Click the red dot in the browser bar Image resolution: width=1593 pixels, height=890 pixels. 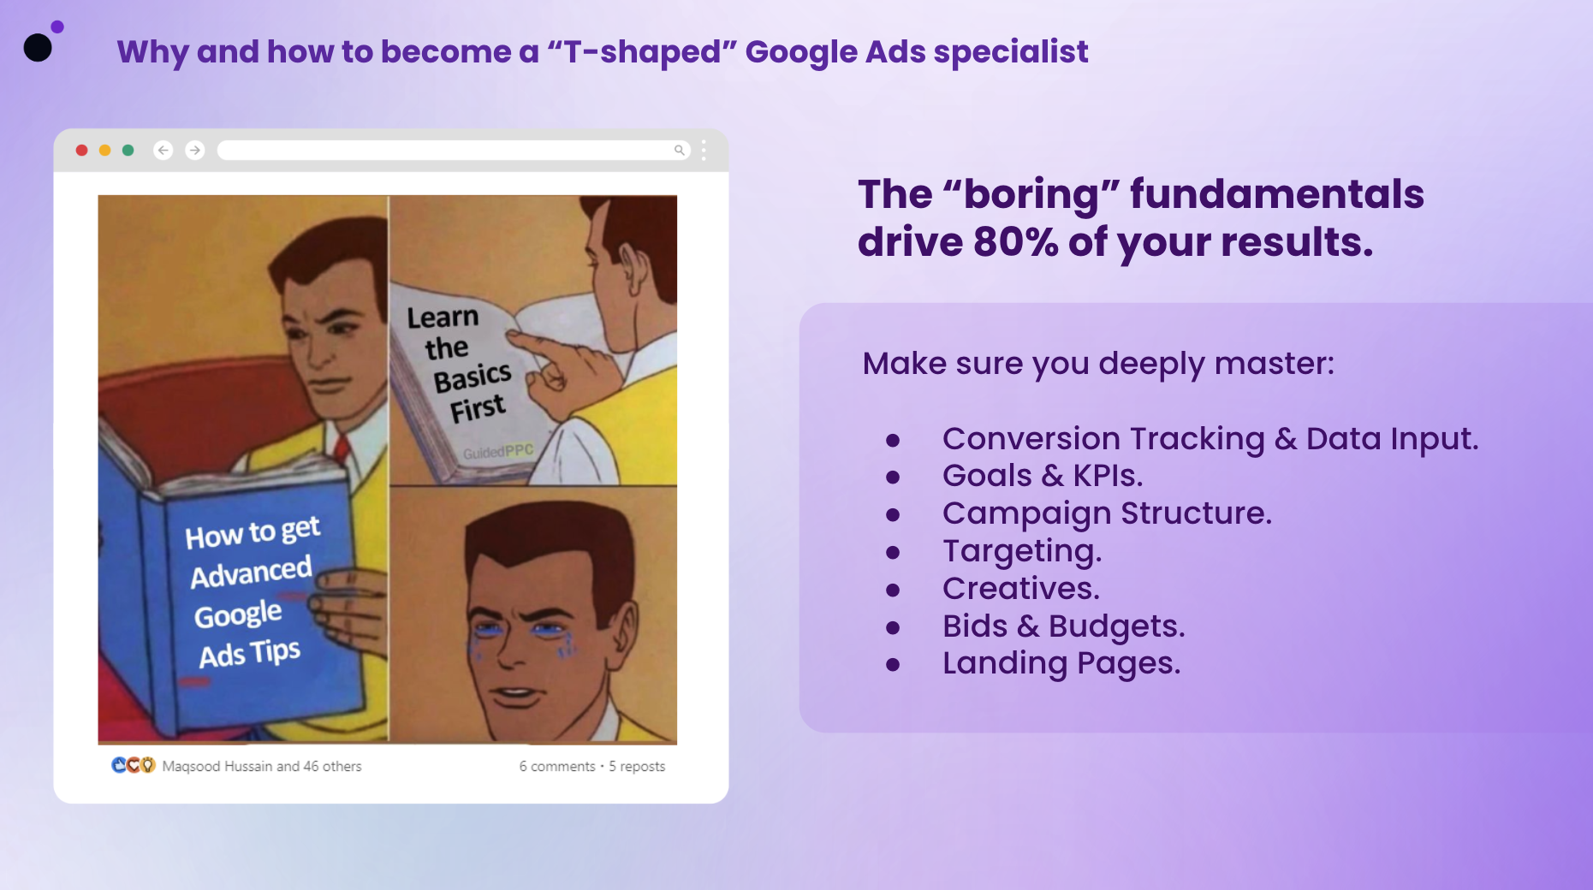(81, 151)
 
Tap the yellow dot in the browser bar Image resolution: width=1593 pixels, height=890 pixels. (104, 151)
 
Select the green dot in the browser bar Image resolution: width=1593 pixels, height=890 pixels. (128, 151)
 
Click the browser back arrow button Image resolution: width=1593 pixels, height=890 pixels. (163, 151)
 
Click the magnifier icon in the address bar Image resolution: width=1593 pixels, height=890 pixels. (679, 151)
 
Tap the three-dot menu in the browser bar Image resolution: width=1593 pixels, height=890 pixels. (704, 151)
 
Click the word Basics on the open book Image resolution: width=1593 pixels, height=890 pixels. (473, 377)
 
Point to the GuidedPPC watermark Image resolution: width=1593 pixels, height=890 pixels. (498, 451)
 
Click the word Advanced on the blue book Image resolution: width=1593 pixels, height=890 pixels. (251, 573)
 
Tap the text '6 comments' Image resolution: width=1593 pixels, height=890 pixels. (557, 766)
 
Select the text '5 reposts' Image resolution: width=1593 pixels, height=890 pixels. (637, 766)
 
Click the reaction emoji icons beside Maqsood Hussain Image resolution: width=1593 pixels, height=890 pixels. (134, 765)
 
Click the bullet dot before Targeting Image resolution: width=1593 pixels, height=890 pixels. (893, 553)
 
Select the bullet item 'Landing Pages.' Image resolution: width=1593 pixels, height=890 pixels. (1061, 663)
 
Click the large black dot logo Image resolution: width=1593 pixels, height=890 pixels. (38, 48)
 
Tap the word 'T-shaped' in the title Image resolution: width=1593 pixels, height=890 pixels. (642, 52)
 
